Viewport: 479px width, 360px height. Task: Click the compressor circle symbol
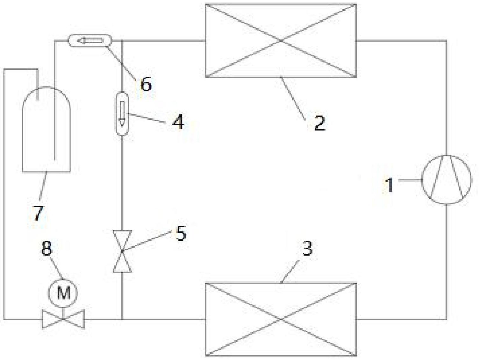446,180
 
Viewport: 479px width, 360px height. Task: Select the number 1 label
390,185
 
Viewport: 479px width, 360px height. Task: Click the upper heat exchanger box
280,41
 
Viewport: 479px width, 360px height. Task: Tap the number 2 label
319,123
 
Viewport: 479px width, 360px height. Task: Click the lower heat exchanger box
280,319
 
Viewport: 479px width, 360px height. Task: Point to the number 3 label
307,248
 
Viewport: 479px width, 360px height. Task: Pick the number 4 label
178,122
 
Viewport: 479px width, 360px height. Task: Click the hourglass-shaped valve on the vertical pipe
122,251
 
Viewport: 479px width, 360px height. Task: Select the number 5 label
181,234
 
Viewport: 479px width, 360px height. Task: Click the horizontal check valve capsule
90,40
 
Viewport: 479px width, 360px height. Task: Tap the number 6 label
146,85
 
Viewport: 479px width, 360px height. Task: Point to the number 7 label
38,213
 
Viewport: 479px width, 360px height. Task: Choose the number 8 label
46,248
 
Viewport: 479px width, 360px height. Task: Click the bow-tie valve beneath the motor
63,319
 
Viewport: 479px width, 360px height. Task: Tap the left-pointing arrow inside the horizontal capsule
90,40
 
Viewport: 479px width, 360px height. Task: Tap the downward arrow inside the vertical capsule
122,113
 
